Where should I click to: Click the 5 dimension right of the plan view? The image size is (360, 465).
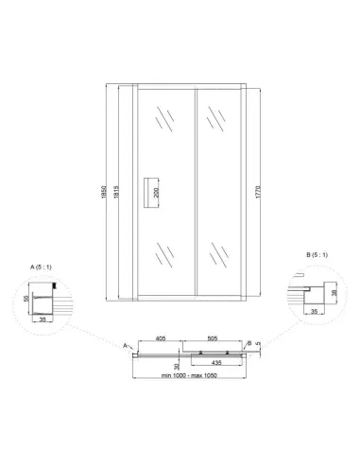[257, 353]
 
